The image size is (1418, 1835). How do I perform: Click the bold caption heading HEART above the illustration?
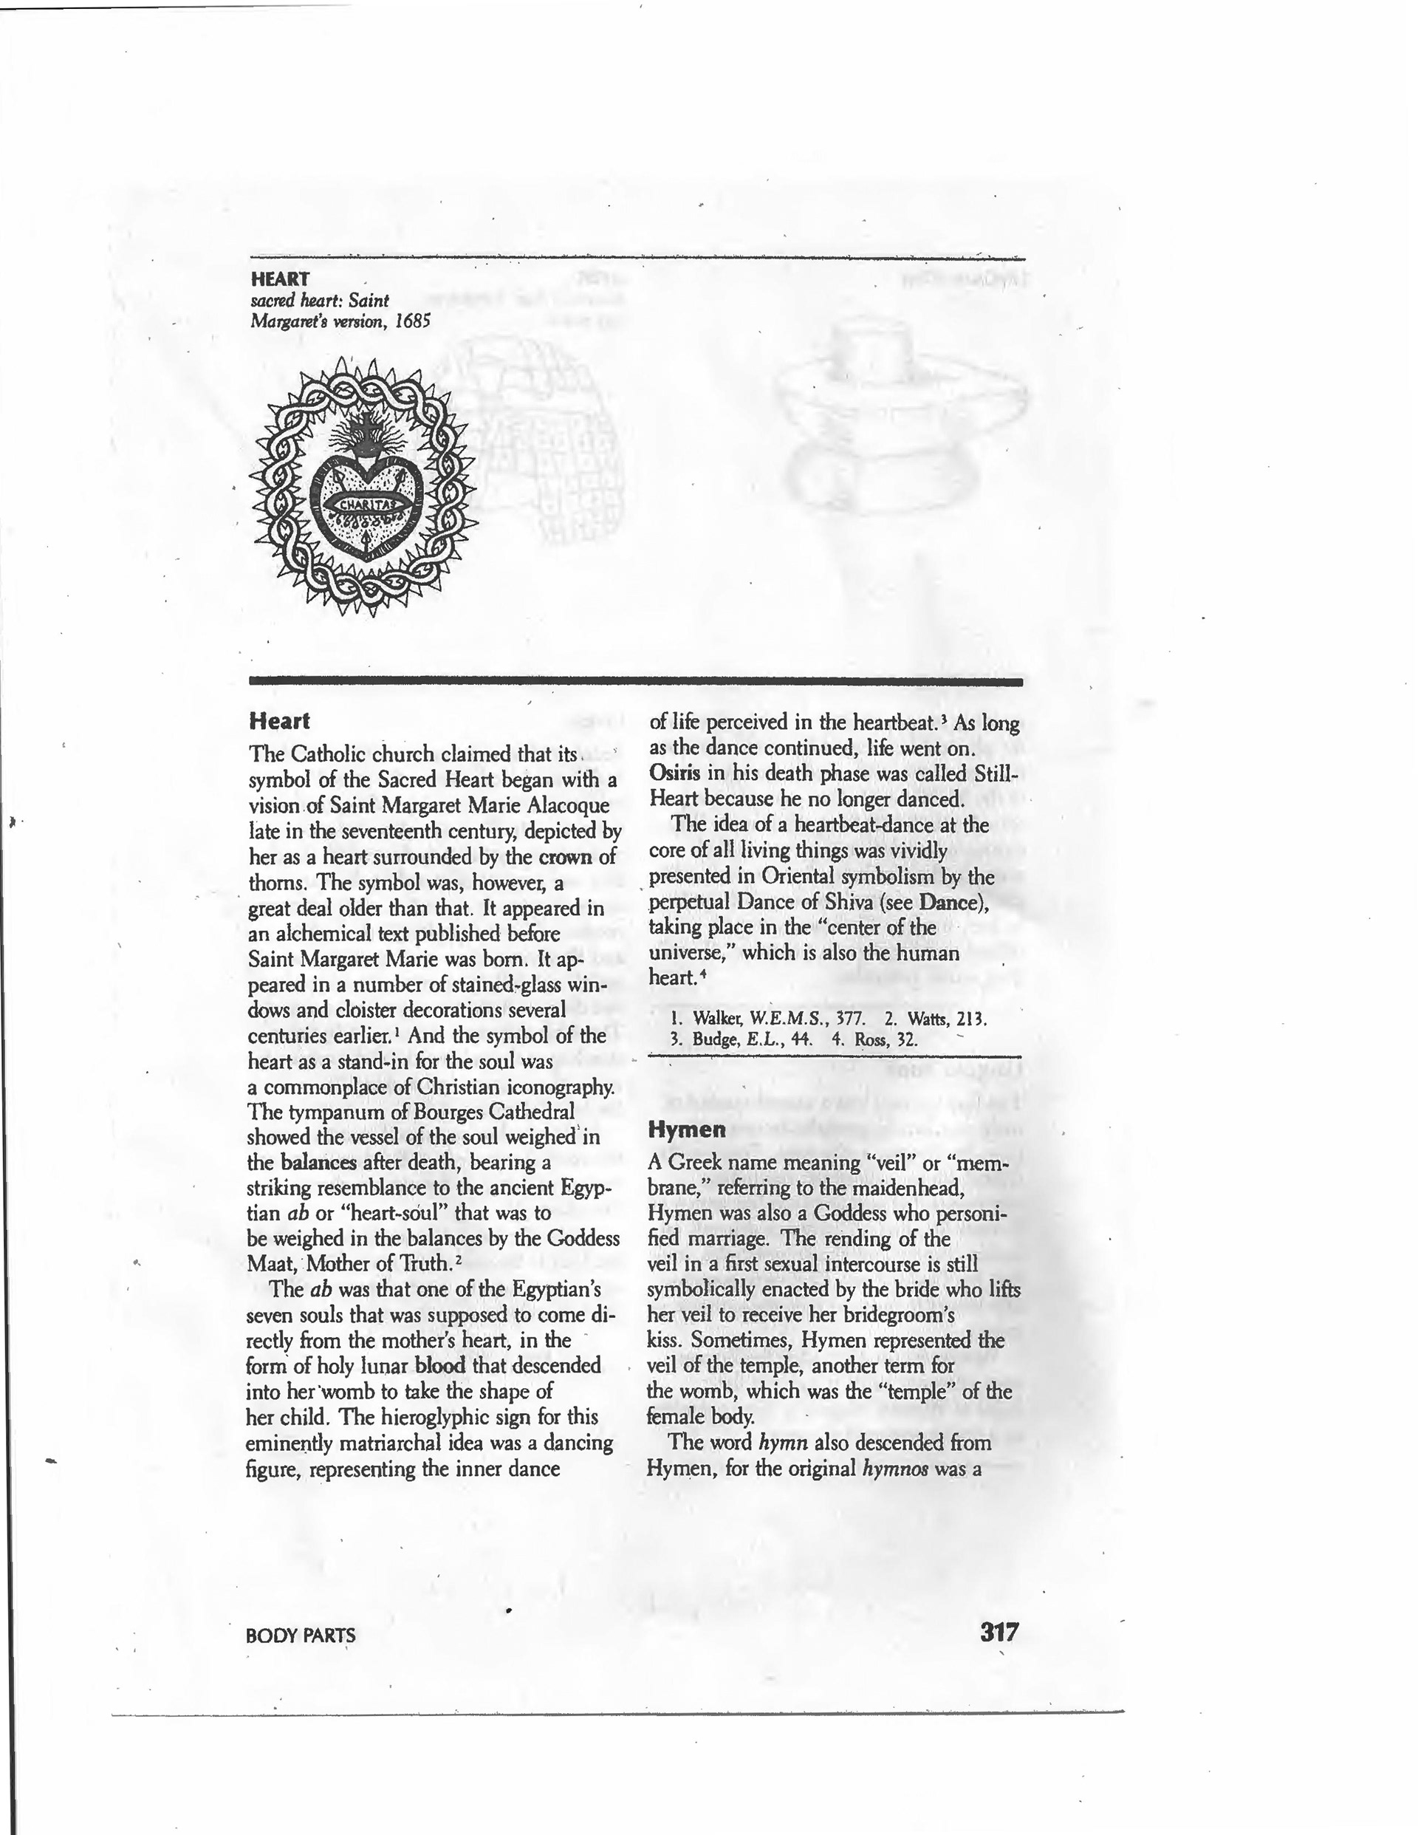280,279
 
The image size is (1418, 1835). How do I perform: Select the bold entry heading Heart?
279,721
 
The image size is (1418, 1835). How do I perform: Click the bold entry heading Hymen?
686,1130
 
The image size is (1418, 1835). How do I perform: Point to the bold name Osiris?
677,773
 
